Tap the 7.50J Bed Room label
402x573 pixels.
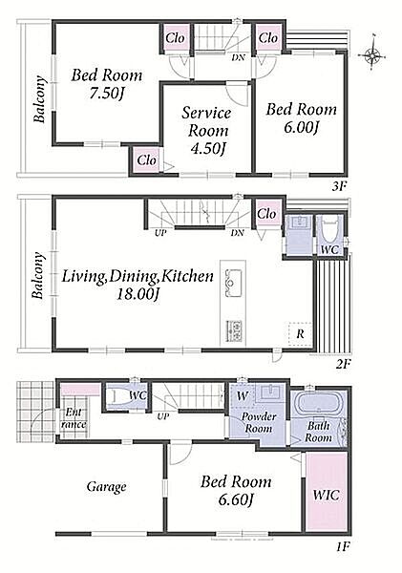(x=106, y=84)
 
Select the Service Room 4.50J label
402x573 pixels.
(x=206, y=131)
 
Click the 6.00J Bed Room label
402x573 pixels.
(x=301, y=118)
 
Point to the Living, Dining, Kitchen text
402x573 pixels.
(x=138, y=276)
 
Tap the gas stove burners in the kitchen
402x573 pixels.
(x=234, y=330)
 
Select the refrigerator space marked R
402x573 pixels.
(x=300, y=333)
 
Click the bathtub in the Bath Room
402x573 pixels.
(x=320, y=404)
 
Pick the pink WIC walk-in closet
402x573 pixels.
(x=326, y=491)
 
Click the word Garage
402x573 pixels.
(x=106, y=487)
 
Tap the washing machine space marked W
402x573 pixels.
(x=243, y=395)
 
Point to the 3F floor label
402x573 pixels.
(x=339, y=187)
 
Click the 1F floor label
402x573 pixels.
(x=343, y=547)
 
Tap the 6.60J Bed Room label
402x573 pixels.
(x=236, y=491)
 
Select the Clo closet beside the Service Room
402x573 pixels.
(x=146, y=160)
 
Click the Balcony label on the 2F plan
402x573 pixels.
(x=38, y=275)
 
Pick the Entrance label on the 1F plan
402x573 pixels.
(x=74, y=418)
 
